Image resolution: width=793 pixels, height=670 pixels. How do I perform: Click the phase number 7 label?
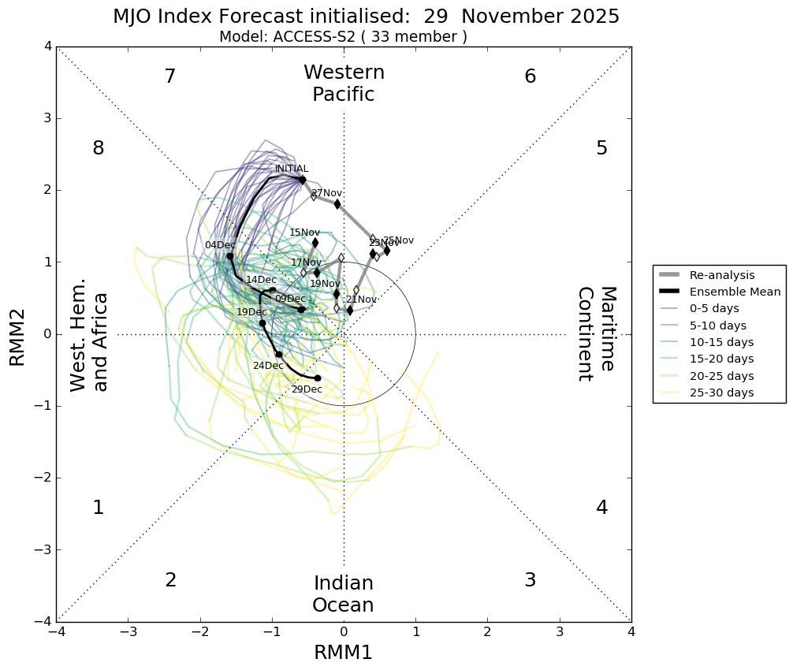tap(169, 76)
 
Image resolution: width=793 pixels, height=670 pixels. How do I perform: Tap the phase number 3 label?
tap(530, 580)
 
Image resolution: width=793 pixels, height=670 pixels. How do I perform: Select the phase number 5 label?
tap(601, 148)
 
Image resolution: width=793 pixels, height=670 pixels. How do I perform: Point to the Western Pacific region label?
tap(344, 84)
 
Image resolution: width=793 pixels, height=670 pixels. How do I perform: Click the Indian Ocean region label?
tap(343, 594)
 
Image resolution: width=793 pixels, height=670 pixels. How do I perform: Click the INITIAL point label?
tap(292, 169)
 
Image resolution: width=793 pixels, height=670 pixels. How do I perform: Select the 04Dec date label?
tap(221, 245)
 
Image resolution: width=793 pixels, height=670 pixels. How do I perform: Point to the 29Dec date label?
tap(307, 389)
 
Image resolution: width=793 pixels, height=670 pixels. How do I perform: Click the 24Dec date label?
tap(268, 366)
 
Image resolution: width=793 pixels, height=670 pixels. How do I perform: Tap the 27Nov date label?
tap(327, 193)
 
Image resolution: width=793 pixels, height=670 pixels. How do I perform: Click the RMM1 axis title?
tap(343, 653)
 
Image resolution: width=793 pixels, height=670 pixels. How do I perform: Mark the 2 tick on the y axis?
tap(47, 190)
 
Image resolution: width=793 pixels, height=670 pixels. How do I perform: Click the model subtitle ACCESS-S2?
tap(343, 37)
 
